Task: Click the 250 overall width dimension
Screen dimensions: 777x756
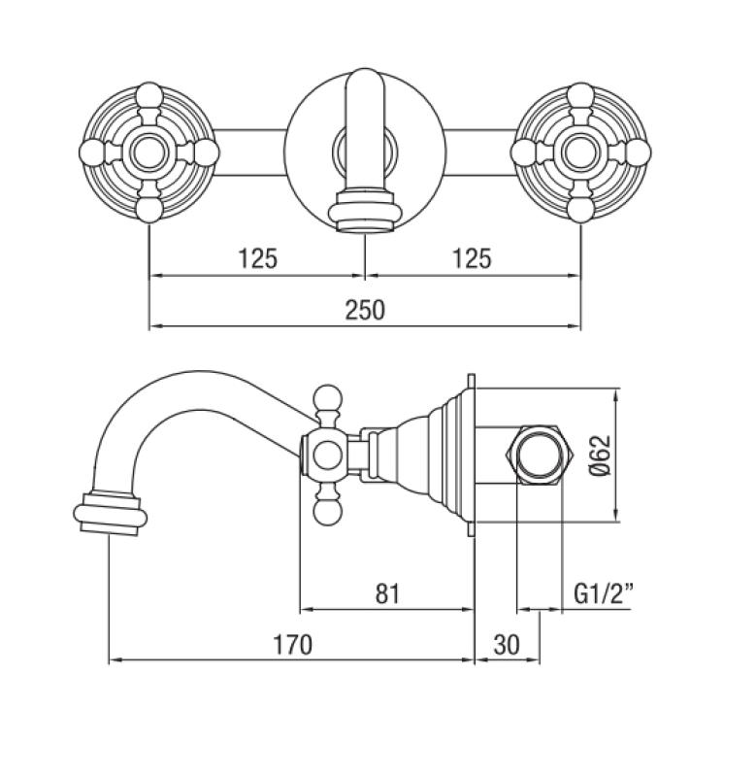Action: (365, 310)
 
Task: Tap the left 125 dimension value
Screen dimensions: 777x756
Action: (257, 258)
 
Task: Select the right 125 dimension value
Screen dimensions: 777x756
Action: (472, 258)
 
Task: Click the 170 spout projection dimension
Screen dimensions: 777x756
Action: (292, 645)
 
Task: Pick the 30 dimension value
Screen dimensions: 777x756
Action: (507, 645)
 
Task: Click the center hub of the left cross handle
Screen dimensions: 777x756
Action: (148, 152)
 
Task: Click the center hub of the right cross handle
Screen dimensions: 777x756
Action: (580, 152)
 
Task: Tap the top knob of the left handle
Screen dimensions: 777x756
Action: (148, 96)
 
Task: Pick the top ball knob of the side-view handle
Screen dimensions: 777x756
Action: (326, 398)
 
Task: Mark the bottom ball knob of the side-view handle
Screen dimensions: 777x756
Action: (326, 511)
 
